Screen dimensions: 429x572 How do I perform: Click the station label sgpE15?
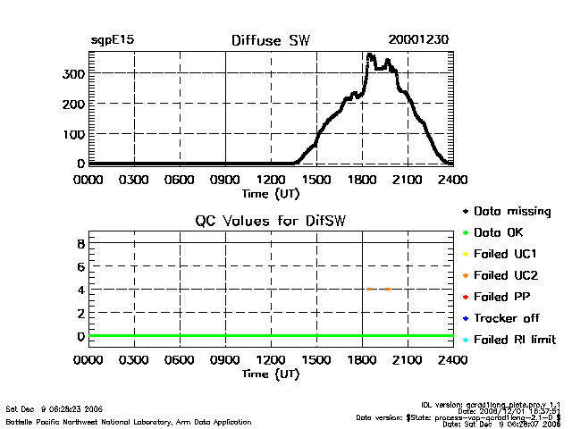click(x=112, y=40)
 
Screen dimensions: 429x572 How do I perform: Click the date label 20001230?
click(x=418, y=40)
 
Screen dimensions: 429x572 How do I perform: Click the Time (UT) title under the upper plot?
click(x=270, y=192)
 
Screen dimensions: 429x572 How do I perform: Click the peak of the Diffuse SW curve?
click(x=370, y=55)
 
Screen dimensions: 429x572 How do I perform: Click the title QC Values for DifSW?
click(x=270, y=222)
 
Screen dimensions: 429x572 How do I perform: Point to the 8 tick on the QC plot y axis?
click(x=80, y=243)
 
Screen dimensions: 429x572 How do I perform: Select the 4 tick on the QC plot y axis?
click(x=80, y=290)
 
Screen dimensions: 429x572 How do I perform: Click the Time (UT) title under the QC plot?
click(x=270, y=374)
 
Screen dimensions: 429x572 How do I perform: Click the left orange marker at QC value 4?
click(x=369, y=289)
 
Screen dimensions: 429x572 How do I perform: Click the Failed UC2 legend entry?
click(x=505, y=275)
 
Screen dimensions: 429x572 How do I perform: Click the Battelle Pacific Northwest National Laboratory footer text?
click(x=129, y=421)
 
